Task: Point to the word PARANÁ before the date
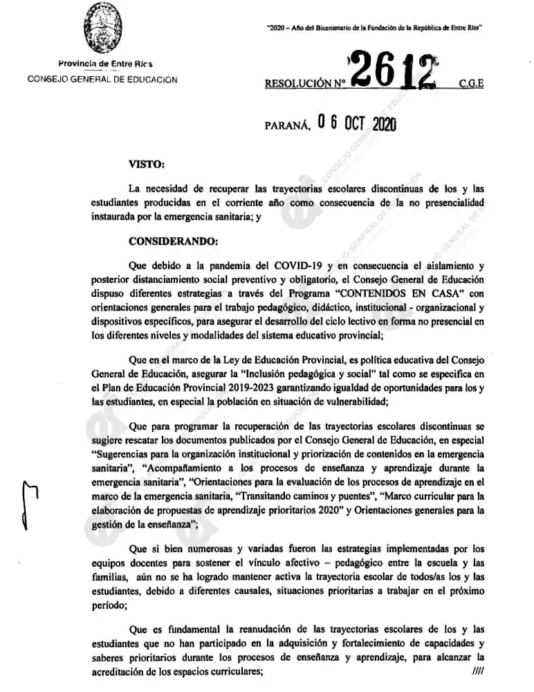coord(287,126)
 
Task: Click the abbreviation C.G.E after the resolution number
coord(471,84)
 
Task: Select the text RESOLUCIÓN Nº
coord(304,84)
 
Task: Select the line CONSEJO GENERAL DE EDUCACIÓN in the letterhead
coord(102,79)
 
